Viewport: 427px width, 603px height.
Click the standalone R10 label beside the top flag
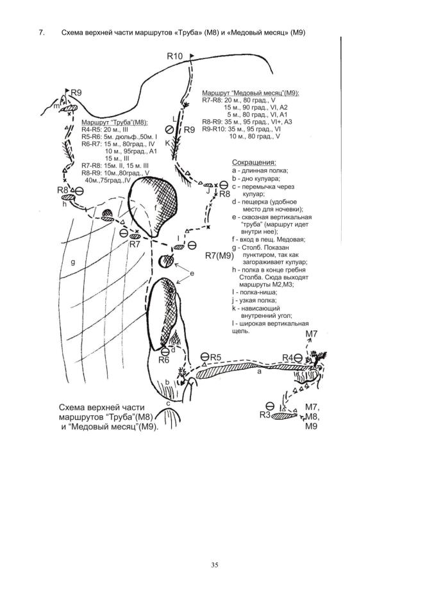pos(175,57)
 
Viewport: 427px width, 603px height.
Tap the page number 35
pos(214,565)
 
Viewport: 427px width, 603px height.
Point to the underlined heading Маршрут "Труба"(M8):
pos(115,122)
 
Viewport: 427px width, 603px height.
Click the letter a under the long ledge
pos(258,371)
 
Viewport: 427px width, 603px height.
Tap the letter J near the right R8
pos(208,190)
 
